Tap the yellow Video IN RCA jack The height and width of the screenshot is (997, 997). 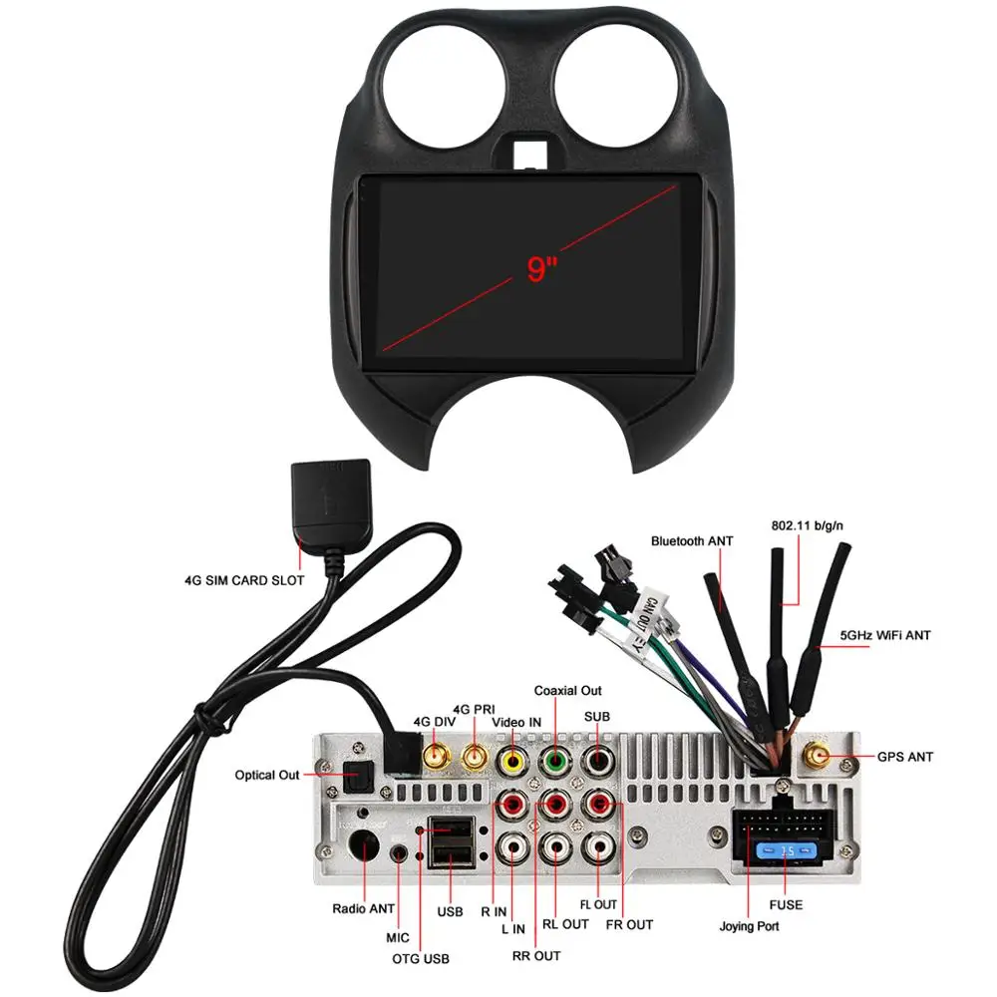point(512,763)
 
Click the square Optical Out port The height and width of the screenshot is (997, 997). point(356,774)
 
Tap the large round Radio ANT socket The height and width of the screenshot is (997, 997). point(363,848)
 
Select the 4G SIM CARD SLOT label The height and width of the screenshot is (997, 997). point(243,579)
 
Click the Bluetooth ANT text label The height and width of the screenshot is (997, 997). point(692,540)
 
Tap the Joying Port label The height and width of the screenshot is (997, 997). point(750,926)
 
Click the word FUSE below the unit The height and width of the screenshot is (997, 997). point(785,905)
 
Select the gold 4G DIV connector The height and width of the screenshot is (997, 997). point(436,761)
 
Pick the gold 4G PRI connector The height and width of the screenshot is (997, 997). point(475,761)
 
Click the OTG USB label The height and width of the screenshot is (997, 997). point(421,959)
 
